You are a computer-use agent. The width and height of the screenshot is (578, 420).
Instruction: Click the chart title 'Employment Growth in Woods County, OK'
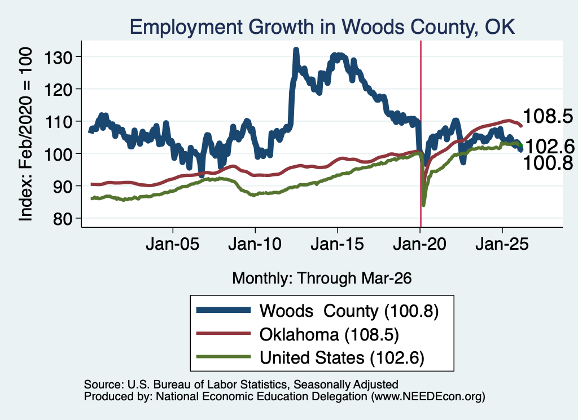322,27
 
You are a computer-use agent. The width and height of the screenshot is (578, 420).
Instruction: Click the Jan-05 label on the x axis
173,244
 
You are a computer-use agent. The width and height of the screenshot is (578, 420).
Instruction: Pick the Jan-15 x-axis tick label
338,244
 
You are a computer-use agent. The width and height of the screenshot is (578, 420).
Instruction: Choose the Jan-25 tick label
502,244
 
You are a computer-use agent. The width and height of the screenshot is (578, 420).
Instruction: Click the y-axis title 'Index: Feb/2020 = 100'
26,134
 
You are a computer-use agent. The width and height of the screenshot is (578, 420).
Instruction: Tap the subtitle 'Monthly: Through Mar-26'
322,278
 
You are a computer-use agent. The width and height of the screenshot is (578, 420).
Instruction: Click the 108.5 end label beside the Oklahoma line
548,116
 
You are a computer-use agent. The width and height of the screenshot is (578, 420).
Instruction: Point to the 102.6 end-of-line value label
549,147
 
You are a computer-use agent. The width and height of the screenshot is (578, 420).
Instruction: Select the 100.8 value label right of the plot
548,163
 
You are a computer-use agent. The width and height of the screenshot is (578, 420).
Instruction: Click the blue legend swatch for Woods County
224,310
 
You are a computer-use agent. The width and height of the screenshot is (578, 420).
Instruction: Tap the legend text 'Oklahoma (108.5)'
329,334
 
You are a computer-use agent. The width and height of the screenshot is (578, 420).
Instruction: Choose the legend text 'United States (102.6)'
342,357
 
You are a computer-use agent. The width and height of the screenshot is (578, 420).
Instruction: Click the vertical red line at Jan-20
421,134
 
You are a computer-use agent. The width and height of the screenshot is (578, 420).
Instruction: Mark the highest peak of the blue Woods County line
296,49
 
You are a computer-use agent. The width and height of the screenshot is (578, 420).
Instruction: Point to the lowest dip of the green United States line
423,205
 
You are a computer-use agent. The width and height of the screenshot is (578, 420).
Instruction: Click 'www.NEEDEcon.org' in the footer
428,396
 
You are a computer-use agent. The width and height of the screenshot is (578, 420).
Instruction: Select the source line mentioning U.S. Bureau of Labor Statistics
241,384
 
